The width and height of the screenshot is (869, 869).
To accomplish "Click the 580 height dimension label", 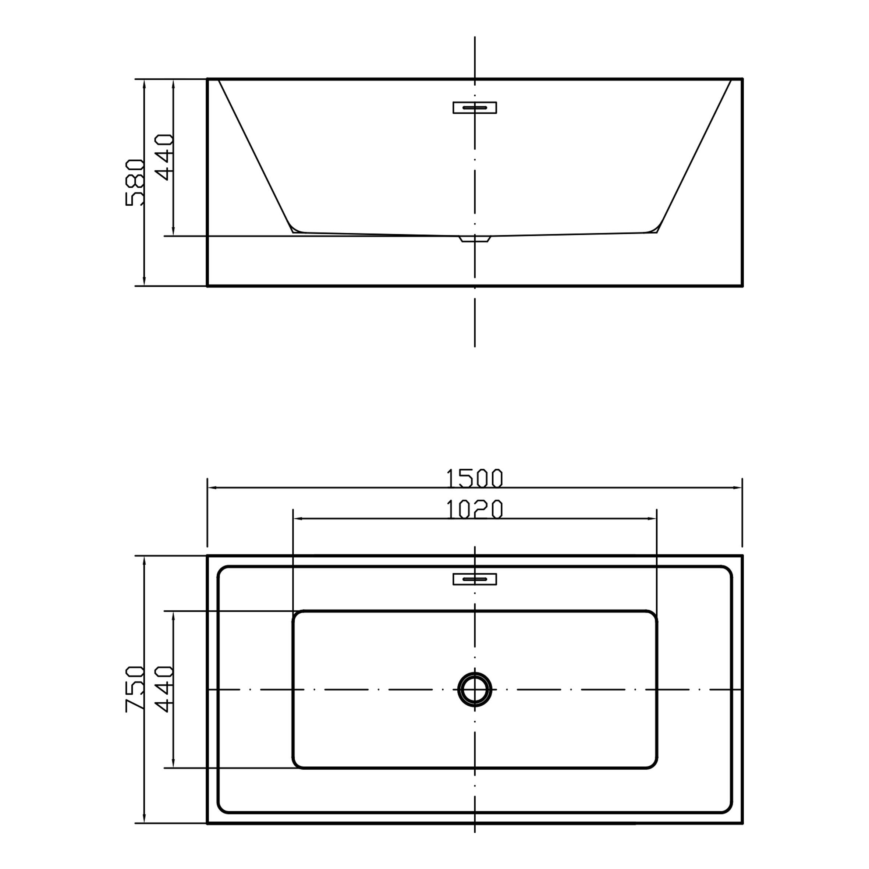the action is pyautogui.click(x=135, y=182).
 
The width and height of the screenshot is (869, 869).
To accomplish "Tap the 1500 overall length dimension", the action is pyautogui.click(x=474, y=478).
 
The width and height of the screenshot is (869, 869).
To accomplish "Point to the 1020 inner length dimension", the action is pyautogui.click(x=474, y=509).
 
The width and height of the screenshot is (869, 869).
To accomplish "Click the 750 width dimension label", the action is pyautogui.click(x=135, y=689).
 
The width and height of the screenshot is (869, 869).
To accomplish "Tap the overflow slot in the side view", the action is pyautogui.click(x=475, y=107).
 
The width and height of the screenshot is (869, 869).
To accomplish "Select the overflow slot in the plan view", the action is pyautogui.click(x=475, y=579).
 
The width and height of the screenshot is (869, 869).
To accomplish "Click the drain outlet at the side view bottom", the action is pyautogui.click(x=475, y=239).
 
